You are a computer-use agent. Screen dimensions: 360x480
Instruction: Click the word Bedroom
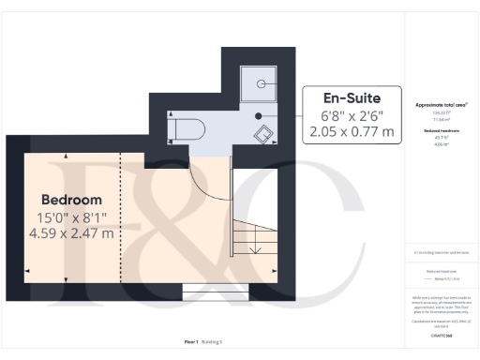71,200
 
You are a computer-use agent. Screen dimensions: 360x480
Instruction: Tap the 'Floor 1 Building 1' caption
203,343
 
